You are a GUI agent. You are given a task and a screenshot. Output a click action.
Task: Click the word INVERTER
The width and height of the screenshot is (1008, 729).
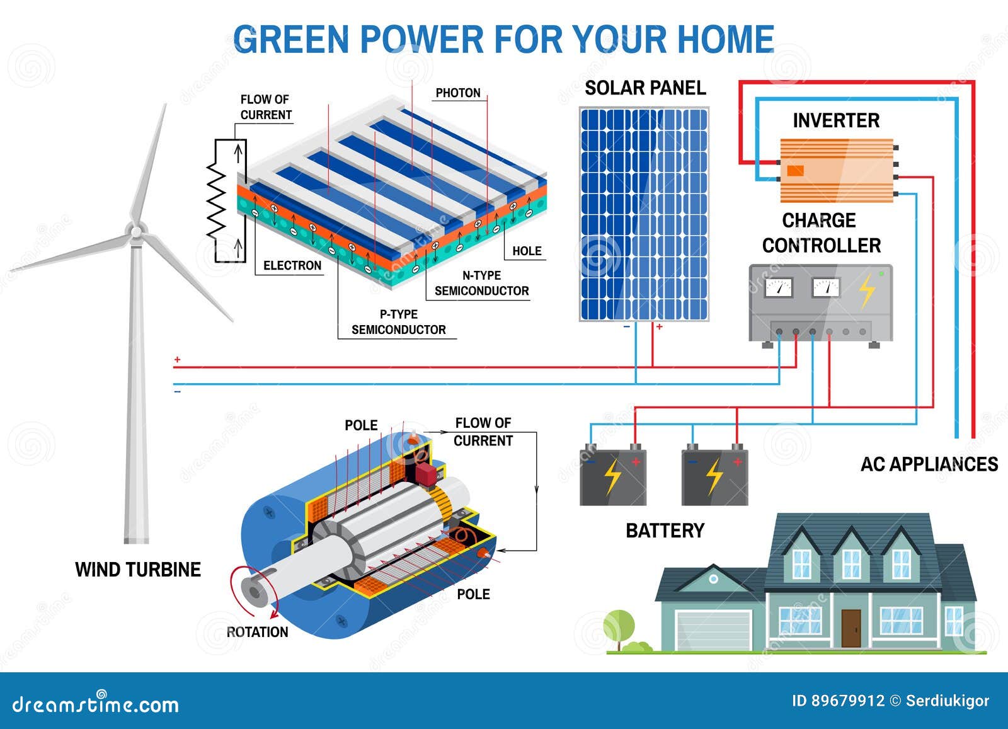click(835, 120)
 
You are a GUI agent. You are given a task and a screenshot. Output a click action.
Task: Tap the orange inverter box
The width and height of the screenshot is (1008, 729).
click(837, 171)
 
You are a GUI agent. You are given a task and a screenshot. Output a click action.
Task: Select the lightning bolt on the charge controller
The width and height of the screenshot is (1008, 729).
click(867, 290)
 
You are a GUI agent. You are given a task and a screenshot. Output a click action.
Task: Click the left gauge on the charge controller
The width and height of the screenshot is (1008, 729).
click(779, 288)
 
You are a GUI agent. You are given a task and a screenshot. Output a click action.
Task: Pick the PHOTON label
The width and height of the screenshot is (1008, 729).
click(458, 93)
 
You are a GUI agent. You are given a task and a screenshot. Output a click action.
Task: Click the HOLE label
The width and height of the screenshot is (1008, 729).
click(527, 251)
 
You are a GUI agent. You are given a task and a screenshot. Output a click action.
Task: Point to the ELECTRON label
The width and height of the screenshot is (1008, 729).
click(292, 265)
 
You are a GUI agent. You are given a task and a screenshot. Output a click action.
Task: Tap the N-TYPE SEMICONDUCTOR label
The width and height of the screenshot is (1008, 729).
click(481, 283)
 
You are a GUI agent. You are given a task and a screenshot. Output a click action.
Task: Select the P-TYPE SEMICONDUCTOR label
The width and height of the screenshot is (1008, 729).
click(398, 322)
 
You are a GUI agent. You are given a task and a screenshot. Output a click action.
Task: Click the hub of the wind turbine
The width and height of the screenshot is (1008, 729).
click(135, 232)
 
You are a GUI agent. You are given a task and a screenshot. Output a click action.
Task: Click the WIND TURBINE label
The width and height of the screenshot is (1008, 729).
click(138, 570)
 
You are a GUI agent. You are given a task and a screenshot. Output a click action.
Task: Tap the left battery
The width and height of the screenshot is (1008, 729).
click(612, 478)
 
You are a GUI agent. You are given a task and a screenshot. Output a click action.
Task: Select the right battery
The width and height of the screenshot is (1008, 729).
click(714, 478)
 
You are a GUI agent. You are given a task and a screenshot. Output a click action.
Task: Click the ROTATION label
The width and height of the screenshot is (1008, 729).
click(257, 632)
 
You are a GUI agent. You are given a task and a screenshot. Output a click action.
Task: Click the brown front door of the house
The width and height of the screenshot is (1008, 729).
click(850, 628)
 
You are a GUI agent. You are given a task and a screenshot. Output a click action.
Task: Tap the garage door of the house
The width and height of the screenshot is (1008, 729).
click(713, 630)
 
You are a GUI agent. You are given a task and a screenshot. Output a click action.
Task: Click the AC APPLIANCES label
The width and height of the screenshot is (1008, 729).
click(929, 464)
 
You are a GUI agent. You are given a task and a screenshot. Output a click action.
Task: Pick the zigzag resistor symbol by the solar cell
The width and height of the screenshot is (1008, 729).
click(215, 198)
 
